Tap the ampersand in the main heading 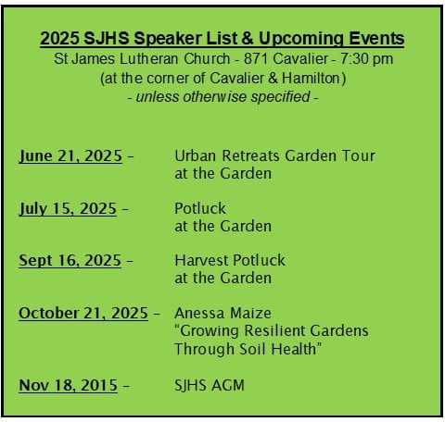click(247, 39)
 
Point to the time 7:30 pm click(366, 59)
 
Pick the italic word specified click(280, 97)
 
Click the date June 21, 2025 click(70, 155)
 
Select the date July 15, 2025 click(68, 208)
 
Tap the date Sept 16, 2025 click(70, 260)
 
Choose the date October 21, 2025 click(83, 313)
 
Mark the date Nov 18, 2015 click(69, 385)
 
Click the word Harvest click(201, 260)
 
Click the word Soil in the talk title click(253, 349)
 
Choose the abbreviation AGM click(228, 385)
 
